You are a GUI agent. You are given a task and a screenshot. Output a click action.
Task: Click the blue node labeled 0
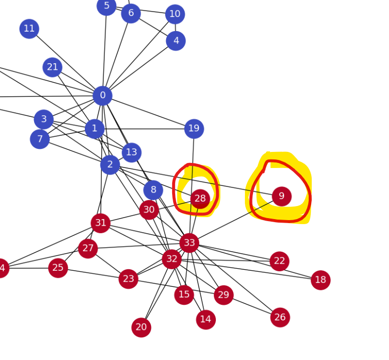click(x=102, y=96)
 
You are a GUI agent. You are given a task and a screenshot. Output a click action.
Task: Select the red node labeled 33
click(x=189, y=243)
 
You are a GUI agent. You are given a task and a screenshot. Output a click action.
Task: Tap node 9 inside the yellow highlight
click(x=282, y=196)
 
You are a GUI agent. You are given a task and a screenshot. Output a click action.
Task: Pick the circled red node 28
click(x=200, y=199)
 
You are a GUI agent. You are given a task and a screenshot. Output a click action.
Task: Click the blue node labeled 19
click(x=194, y=129)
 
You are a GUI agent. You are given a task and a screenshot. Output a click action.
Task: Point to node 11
click(x=29, y=29)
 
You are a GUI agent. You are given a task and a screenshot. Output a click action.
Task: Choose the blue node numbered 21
click(x=52, y=67)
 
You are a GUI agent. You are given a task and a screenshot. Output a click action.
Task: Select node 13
click(x=132, y=152)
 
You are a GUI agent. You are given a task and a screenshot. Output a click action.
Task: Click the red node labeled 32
click(x=172, y=259)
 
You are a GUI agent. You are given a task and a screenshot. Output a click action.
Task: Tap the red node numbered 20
click(x=141, y=327)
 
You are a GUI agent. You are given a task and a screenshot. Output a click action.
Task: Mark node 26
click(x=280, y=317)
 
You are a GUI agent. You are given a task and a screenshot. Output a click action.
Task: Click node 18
click(x=321, y=280)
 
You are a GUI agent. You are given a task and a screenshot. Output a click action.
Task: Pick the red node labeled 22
click(x=280, y=261)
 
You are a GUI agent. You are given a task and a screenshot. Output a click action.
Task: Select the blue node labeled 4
click(x=176, y=41)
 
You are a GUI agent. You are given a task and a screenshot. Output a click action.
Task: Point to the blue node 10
click(x=175, y=14)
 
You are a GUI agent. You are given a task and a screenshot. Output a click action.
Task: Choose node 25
click(x=58, y=268)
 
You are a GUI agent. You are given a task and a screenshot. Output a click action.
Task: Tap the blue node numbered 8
click(x=153, y=190)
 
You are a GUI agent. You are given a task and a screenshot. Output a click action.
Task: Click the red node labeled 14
click(x=206, y=319)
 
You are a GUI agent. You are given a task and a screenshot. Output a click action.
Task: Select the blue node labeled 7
click(x=40, y=139)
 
